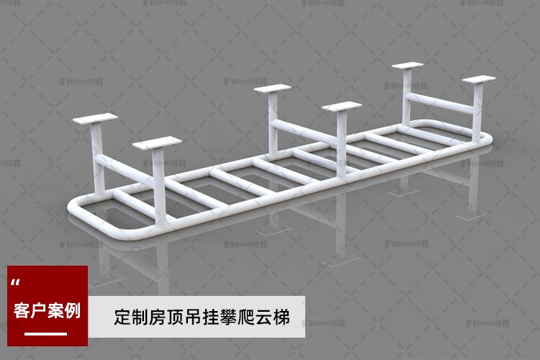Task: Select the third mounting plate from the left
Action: coord(272,90)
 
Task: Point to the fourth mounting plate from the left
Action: coord(341,108)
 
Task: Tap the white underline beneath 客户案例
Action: coord(46,333)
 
